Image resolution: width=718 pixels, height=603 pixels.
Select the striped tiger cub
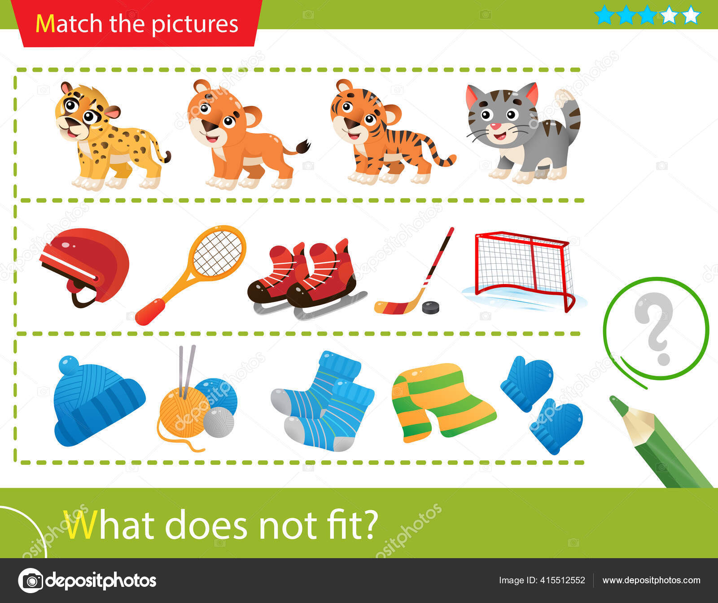coord(386,135)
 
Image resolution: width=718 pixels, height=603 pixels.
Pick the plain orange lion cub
coord(242,135)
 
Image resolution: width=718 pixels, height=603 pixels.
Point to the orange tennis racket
coord(193,274)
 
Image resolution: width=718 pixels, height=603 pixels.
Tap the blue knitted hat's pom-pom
coord(69,365)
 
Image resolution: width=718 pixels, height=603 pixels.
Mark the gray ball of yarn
coord(219,422)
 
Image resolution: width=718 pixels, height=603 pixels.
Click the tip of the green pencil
coord(613,398)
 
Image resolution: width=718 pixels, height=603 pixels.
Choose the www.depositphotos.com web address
coord(651,581)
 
